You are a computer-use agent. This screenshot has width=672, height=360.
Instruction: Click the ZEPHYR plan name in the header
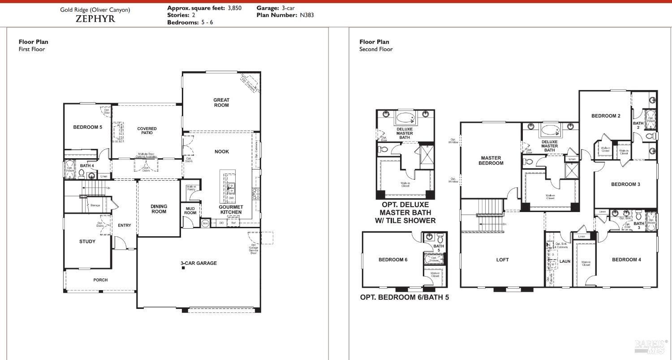95,19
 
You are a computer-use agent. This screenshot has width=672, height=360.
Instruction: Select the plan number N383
306,15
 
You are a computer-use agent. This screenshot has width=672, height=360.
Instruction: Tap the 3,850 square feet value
234,8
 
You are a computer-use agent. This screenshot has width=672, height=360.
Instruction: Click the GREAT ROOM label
221,103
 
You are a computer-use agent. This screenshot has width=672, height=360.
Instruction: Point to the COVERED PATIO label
147,130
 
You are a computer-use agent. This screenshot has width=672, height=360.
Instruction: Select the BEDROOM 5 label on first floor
87,127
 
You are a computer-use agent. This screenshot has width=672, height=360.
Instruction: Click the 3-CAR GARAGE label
198,263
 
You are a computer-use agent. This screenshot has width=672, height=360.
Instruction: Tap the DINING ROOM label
159,209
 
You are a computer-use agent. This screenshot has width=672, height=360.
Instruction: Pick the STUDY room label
87,242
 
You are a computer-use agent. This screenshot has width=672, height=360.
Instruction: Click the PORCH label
100,280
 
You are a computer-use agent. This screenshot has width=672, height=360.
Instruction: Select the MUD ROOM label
190,210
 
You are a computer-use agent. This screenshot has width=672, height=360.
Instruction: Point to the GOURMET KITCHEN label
231,209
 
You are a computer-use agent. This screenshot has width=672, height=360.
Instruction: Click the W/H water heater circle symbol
205,223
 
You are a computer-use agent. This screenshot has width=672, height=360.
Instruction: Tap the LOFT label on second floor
502,260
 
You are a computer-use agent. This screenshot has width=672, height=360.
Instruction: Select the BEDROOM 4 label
626,260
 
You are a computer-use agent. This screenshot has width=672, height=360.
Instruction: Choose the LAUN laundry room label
564,261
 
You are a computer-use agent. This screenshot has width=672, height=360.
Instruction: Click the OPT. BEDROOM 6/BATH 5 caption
404,297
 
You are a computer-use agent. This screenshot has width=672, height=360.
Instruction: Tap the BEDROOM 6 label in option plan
392,260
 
